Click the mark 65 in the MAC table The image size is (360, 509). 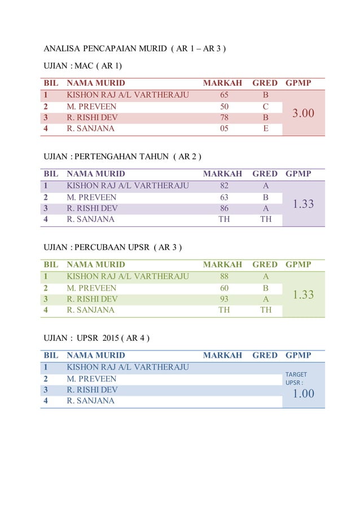[x=224, y=95]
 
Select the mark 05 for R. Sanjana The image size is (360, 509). [x=224, y=128]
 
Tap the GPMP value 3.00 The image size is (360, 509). [x=304, y=113]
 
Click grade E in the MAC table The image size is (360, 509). [x=265, y=128]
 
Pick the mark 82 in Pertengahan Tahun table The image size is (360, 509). [x=224, y=186]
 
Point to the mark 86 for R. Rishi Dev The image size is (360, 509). [x=224, y=208]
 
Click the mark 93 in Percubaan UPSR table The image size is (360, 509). [x=224, y=299]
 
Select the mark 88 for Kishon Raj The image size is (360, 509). [x=224, y=277]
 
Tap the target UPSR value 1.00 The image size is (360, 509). [x=304, y=394]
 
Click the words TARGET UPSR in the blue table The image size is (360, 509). [x=296, y=378]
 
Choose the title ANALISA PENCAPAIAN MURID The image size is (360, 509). [x=135, y=49]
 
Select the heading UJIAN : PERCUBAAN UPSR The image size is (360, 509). [x=113, y=247]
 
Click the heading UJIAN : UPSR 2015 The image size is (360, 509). [x=96, y=338]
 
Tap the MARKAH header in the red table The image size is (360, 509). [x=222, y=83]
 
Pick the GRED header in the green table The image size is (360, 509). [x=265, y=264]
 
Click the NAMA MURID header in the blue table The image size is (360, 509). [x=96, y=356]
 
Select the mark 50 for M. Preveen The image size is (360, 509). [x=224, y=106]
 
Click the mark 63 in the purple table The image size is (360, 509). [x=224, y=197]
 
